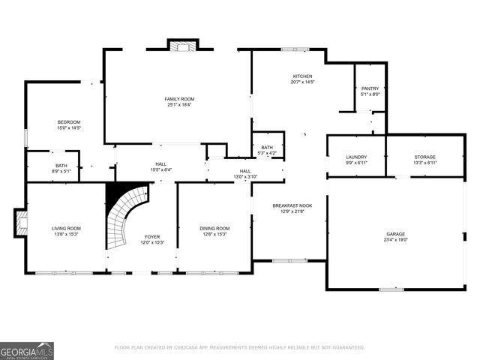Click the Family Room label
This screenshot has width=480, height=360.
(x=179, y=99)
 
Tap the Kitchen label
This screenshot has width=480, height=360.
(x=302, y=76)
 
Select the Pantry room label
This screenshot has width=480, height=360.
(x=370, y=88)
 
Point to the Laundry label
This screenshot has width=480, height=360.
(x=356, y=157)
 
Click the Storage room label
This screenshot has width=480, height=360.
(x=424, y=157)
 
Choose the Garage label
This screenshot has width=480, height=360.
(x=395, y=234)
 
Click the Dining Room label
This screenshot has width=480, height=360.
(x=214, y=228)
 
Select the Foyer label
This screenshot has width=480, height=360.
(x=151, y=237)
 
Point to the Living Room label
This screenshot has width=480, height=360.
(x=66, y=228)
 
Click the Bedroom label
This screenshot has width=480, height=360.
(x=69, y=122)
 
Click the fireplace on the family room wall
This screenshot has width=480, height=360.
(x=180, y=46)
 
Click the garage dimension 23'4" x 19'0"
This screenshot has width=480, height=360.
(x=395, y=241)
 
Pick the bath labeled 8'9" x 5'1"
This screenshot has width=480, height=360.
(x=61, y=169)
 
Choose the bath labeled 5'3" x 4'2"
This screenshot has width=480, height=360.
(x=267, y=150)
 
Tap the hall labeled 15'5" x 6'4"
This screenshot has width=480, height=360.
(x=160, y=166)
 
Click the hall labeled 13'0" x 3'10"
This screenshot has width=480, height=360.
(x=245, y=174)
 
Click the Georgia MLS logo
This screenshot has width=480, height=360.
(x=27, y=350)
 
